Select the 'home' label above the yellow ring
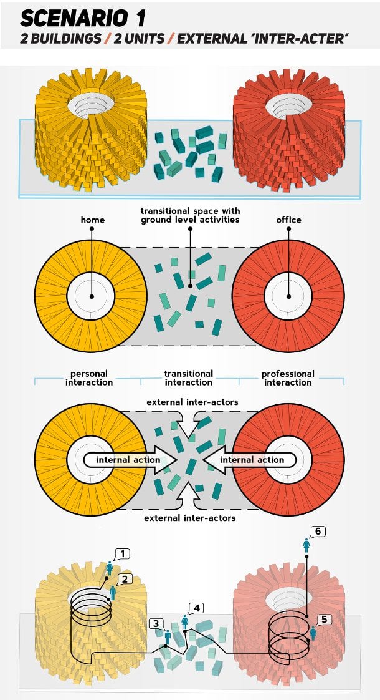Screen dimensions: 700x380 pyautogui.click(x=92, y=220)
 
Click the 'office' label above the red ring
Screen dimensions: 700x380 pyautogui.click(x=288, y=220)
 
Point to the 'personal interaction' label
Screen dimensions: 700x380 pyautogui.click(x=88, y=378)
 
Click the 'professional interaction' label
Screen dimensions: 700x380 pyautogui.click(x=288, y=378)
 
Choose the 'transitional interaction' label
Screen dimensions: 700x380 pyautogui.click(x=188, y=378)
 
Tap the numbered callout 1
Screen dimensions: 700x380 pyautogui.click(x=123, y=553)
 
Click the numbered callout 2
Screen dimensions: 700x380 pyautogui.click(x=124, y=579)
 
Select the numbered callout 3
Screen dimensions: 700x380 pyautogui.click(x=157, y=623)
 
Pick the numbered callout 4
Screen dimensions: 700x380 pyautogui.click(x=197, y=607)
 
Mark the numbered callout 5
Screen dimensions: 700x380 pyautogui.click(x=323, y=620)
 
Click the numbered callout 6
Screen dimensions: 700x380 pyautogui.click(x=318, y=531)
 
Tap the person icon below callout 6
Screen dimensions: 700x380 pyautogui.click(x=306, y=545)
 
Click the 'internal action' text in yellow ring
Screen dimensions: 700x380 pyautogui.click(x=128, y=460)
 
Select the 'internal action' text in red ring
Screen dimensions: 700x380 pyautogui.click(x=252, y=460)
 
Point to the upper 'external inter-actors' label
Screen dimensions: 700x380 pyautogui.click(x=192, y=402)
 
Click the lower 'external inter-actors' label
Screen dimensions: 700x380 pyautogui.click(x=190, y=518)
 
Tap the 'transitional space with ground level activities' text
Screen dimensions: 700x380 pyautogui.click(x=190, y=215)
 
